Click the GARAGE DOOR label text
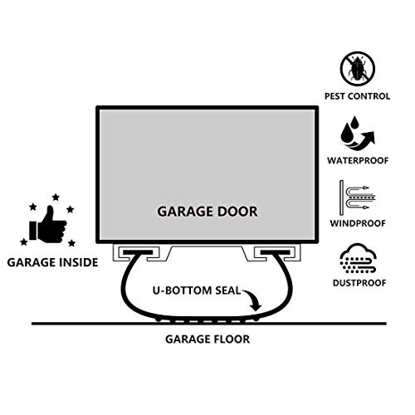[207, 212]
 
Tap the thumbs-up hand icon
[48, 225]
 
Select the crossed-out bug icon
[358, 69]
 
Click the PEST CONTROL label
[357, 96]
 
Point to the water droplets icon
[358, 134]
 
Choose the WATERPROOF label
[358, 160]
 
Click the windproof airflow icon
[358, 198]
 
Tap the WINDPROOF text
[358, 223]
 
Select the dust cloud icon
[358, 259]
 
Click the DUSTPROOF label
[359, 283]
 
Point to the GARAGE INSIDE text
[52, 262]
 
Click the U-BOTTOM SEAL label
[197, 290]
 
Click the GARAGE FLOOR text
[207, 339]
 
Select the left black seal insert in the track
[138, 252]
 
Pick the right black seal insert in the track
[276, 252]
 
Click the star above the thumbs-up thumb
[56, 198]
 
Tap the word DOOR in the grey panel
[237, 212]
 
